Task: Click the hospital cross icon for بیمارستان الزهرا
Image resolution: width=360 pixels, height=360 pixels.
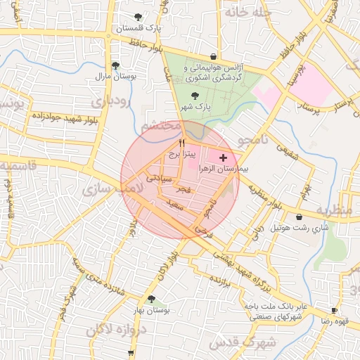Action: pyautogui.click(x=224, y=157)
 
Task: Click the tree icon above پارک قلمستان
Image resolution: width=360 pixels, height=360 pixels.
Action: pyautogui.click(x=138, y=18)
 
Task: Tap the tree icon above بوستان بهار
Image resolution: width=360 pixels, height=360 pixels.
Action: pyautogui.click(x=152, y=299)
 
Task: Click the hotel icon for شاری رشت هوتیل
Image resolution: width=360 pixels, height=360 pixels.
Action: pyautogui.click(x=300, y=217)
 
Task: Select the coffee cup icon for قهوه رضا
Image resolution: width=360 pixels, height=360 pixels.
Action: pyautogui.click(x=334, y=310)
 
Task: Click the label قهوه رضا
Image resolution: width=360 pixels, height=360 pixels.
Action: pyautogui.click(x=335, y=321)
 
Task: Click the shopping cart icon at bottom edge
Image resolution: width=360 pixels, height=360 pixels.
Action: pyautogui.click(x=131, y=353)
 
